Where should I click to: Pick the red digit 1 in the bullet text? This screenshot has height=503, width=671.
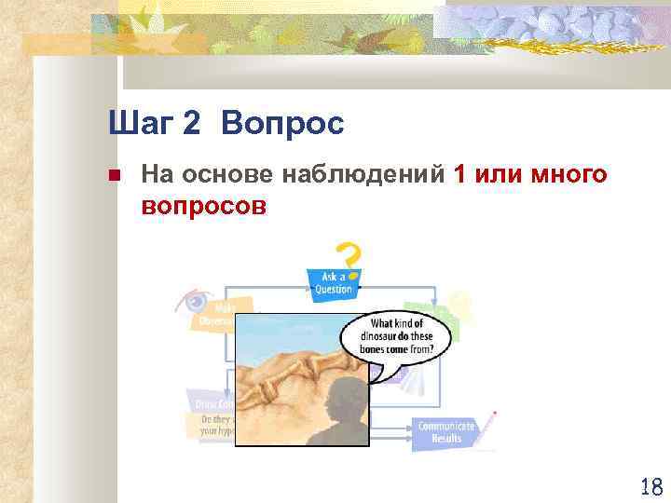click(x=459, y=174)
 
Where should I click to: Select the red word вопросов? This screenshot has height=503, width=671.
click(x=204, y=205)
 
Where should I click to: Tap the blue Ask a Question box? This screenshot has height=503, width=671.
click(x=333, y=282)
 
